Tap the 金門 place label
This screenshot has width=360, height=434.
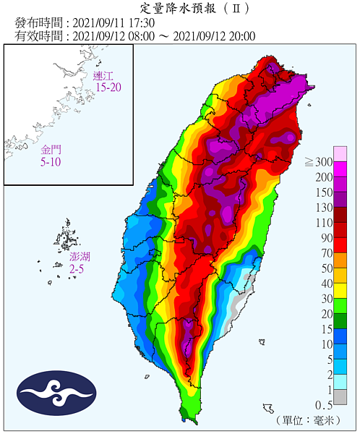[x=51, y=150]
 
